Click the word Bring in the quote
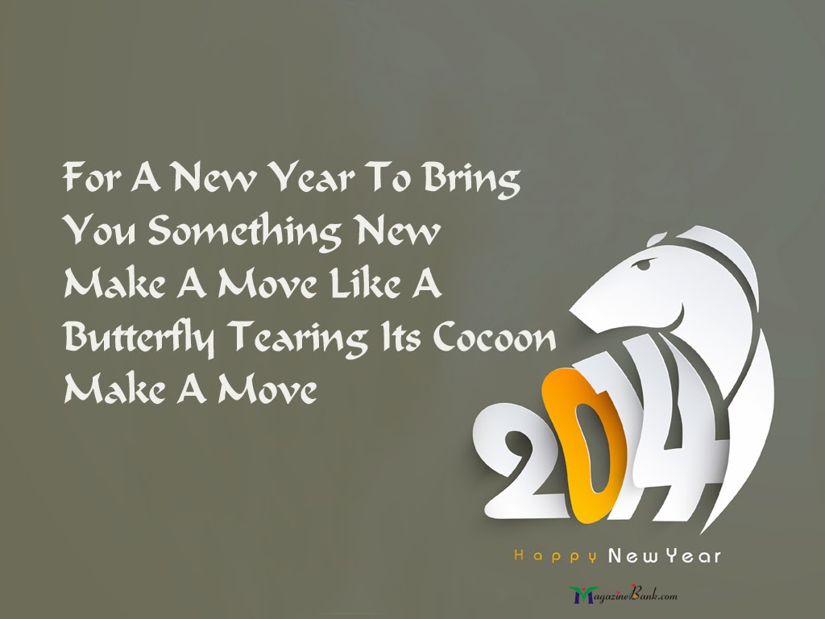click(472, 178)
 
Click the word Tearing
click(297, 338)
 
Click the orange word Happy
click(555, 556)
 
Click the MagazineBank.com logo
click(624, 595)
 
